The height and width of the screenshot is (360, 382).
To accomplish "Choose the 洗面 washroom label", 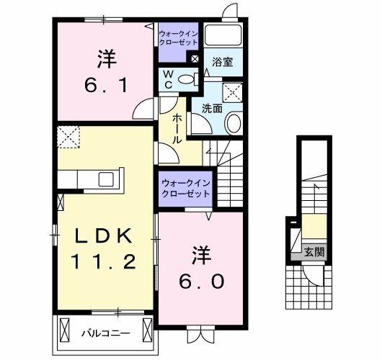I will pos(211,109).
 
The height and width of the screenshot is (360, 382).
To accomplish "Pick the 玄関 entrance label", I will pos(314,252).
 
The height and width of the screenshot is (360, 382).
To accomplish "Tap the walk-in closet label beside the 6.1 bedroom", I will pos(177,37).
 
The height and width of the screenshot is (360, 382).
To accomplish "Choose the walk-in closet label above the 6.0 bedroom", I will pos(185,188).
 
